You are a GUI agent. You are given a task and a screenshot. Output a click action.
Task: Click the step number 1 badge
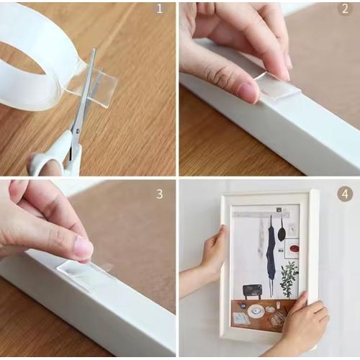coord(160,9)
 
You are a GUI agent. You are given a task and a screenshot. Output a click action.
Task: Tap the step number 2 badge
coord(345,9)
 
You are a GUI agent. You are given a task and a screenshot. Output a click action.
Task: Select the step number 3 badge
coord(160,194)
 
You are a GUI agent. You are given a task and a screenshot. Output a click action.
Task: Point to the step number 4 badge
coord(345,194)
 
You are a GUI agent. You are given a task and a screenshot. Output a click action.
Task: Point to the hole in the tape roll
coord(25,61)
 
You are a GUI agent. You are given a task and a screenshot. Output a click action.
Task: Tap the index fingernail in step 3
coord(82,248)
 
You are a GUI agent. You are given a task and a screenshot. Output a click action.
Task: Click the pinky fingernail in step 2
coord(248,91)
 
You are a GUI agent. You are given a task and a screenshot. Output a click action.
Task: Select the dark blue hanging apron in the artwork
coord(271,252)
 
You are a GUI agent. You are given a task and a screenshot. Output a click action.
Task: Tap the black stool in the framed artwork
coord(252,290)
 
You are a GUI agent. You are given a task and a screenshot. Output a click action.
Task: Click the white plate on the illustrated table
coord(256,311)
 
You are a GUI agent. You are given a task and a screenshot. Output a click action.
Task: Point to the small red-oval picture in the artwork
coord(292,248)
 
